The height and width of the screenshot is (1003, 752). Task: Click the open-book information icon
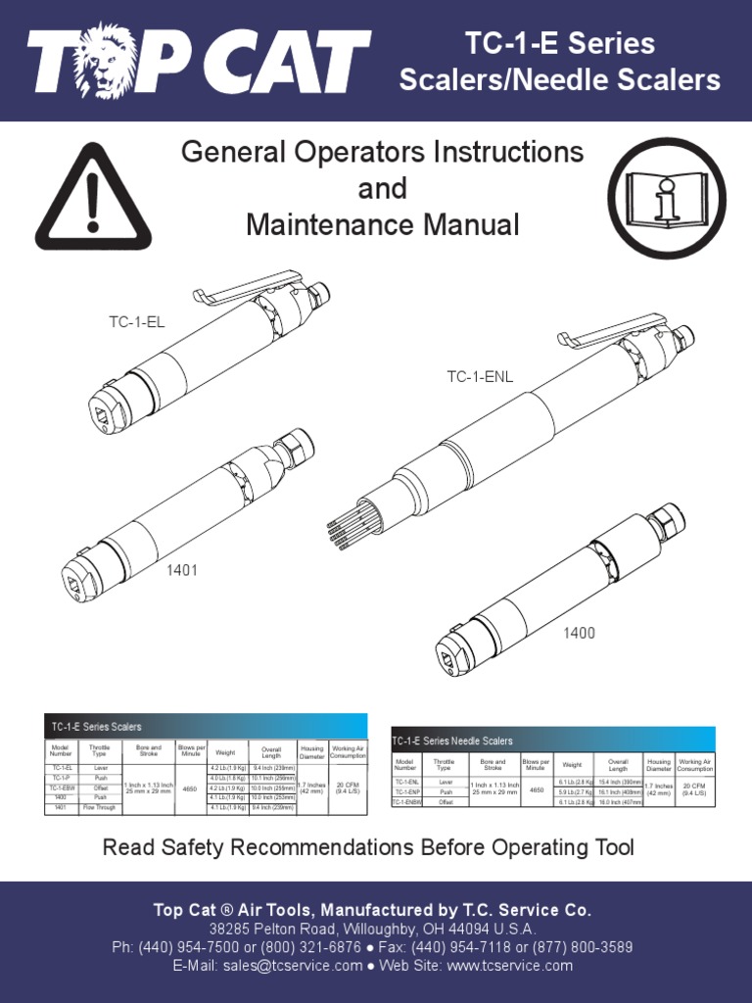667,198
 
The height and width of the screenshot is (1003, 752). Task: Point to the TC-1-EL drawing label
136,321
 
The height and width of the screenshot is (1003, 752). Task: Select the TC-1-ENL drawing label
480,376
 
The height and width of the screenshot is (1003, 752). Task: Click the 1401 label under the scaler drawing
181,570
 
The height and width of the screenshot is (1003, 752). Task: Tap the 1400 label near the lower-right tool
579,633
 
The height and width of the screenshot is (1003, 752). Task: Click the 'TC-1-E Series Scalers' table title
97,727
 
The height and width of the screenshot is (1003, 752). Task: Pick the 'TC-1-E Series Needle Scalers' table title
452,740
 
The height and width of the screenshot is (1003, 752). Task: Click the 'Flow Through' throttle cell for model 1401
100,808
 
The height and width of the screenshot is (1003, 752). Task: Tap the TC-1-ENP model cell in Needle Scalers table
406,791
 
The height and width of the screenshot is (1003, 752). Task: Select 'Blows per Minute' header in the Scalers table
192,750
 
